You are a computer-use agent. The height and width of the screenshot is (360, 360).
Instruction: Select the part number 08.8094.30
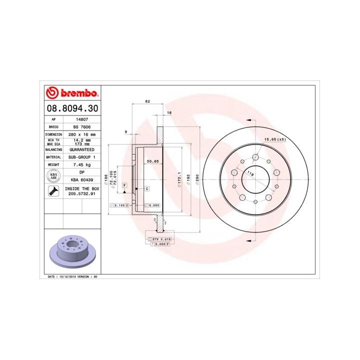pyautogui.click(x=72, y=108)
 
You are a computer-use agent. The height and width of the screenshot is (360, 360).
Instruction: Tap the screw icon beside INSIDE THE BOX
pyautogui.click(x=51, y=191)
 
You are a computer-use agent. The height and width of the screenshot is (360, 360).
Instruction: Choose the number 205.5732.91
pyautogui.click(x=81, y=193)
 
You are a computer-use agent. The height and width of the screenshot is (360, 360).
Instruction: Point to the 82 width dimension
pyautogui.click(x=147, y=101)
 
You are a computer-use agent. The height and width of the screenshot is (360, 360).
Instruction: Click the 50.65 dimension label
pyautogui.click(x=152, y=161)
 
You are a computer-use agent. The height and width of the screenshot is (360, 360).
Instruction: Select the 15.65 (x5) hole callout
pyautogui.click(x=274, y=139)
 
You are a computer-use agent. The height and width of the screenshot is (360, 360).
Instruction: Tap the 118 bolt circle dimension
pyautogui.click(x=250, y=173)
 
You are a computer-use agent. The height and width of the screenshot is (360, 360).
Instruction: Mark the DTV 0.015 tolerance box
pyautogui.click(x=161, y=239)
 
